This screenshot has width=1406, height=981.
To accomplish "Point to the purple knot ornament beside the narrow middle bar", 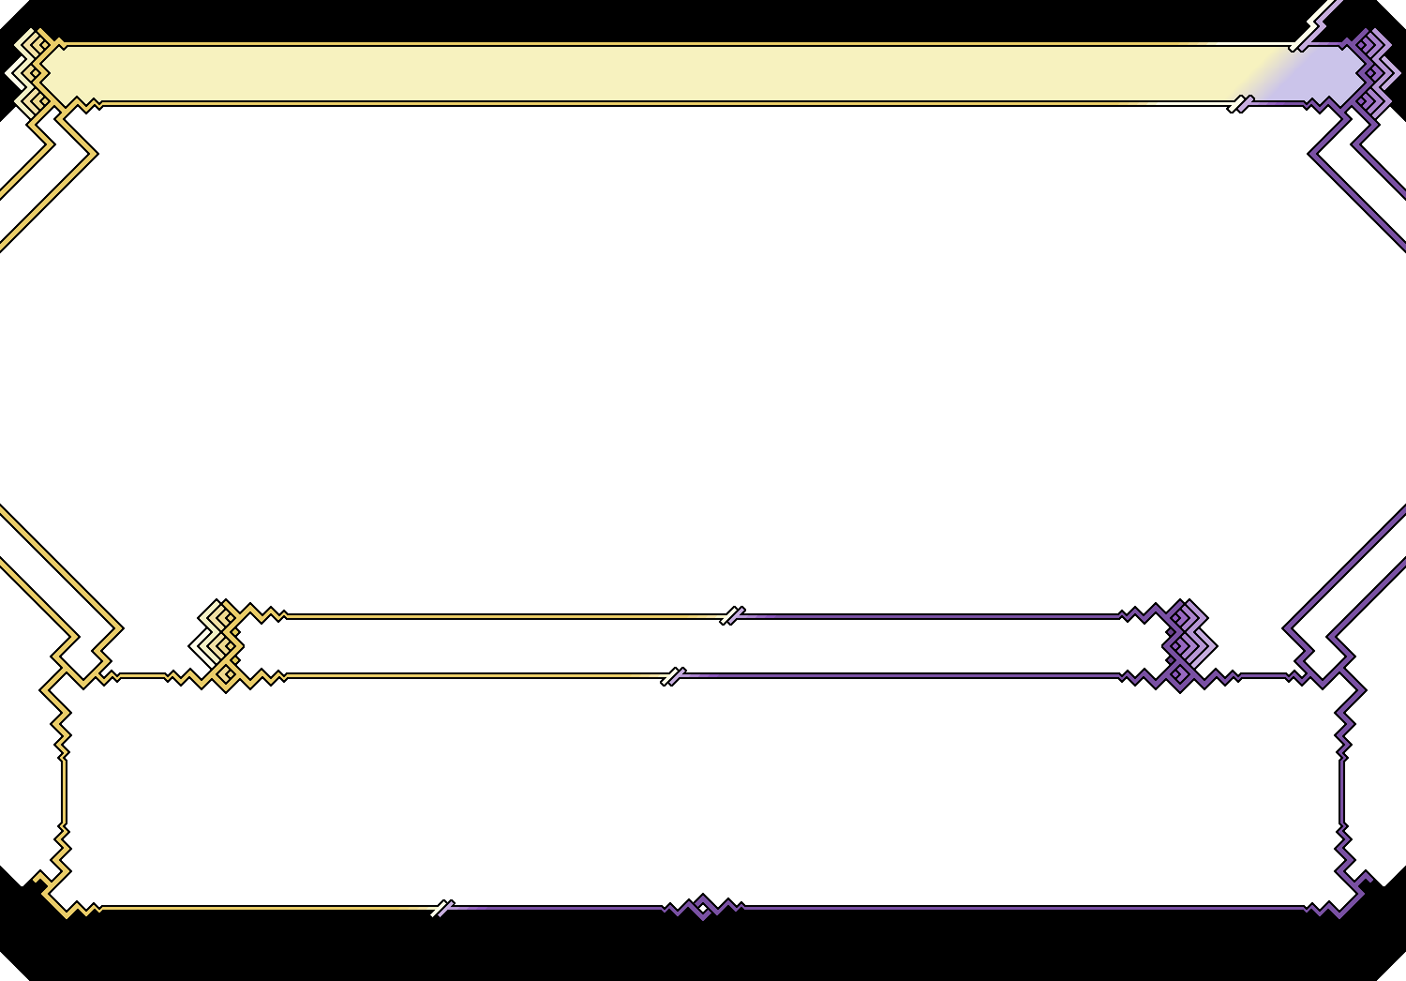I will coord(1187,645).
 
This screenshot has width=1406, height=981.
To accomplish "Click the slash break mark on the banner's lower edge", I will coord(1241,103).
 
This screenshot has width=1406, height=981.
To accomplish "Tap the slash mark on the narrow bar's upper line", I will coord(732,616).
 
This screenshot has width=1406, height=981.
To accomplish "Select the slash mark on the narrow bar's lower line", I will coord(673,676).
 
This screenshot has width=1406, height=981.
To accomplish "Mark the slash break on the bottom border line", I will coord(442,908).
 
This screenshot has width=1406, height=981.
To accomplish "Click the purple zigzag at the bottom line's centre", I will coord(703,907).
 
